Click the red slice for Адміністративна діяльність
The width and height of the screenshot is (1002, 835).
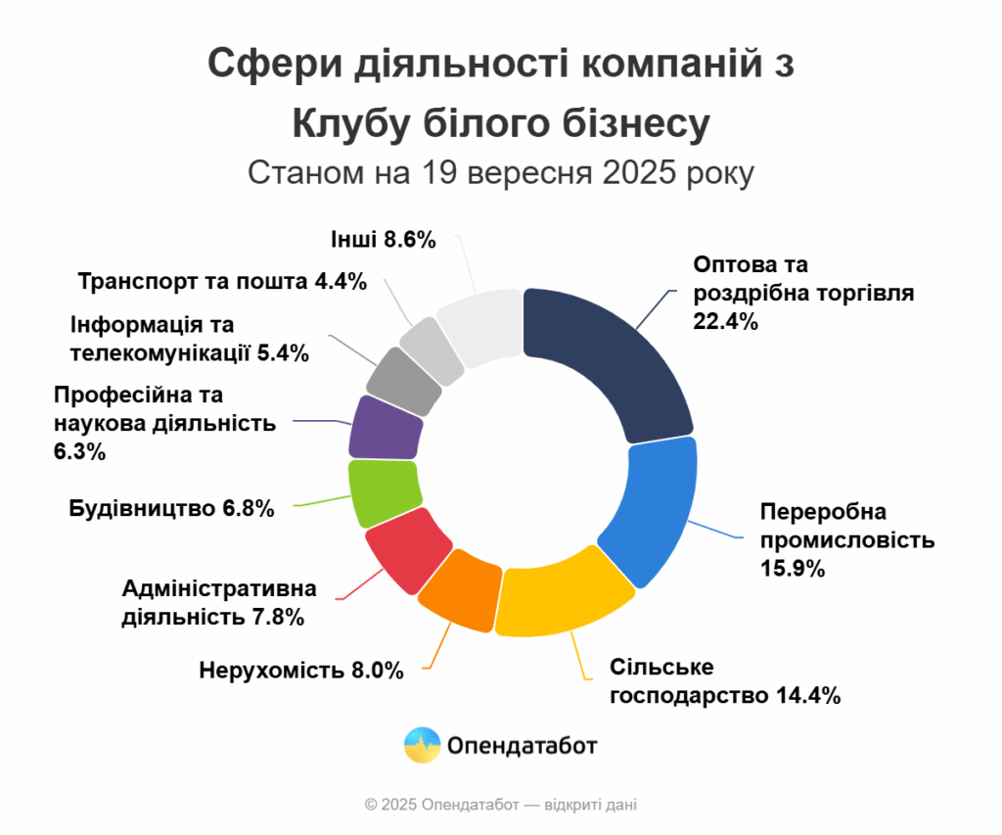coord(405,548)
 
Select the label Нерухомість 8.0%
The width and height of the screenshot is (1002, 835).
coord(301,671)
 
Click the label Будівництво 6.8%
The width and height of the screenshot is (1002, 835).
coord(171,509)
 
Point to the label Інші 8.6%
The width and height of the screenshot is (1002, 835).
coord(376,240)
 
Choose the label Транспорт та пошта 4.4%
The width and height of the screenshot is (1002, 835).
coord(222,282)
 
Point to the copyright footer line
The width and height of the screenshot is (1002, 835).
coord(500,805)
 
